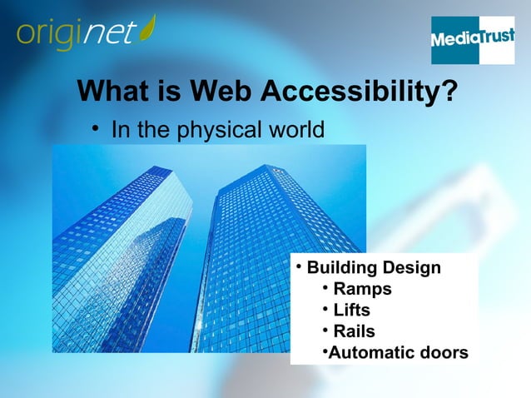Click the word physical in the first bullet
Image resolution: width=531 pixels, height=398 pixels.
pos(221,131)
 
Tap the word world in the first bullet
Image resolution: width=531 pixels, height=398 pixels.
pos(294,131)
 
